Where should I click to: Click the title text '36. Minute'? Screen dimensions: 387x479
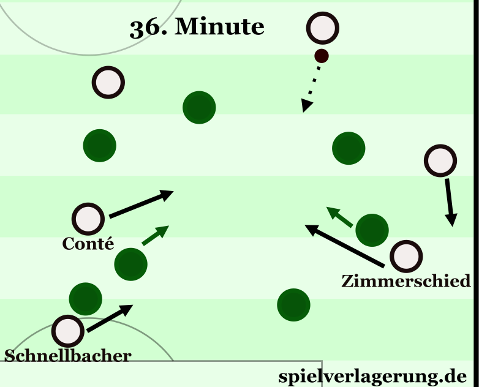pos(197,27)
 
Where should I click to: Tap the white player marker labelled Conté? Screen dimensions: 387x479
pos(88,218)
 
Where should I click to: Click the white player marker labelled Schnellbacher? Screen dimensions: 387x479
pos(68,331)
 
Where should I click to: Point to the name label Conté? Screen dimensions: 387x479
pos(88,244)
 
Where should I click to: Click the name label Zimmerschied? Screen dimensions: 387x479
pos(406,281)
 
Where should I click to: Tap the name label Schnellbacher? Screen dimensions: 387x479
pos(67,356)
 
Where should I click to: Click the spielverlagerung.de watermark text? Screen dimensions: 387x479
pos(372,375)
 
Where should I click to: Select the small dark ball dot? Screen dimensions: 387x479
pos(322,56)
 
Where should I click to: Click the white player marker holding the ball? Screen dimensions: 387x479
pos(322,28)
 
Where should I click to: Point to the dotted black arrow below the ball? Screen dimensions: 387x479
pos(311,89)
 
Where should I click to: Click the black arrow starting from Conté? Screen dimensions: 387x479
pos(141,205)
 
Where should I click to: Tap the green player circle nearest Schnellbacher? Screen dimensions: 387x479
pos(85,299)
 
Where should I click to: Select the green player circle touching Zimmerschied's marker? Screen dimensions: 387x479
pos(372,230)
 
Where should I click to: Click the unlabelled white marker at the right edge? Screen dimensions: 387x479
pos(440,161)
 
